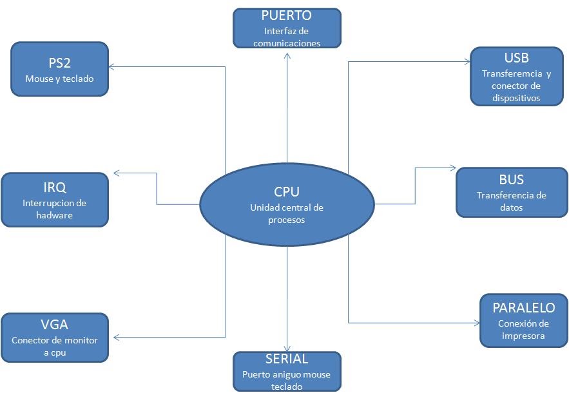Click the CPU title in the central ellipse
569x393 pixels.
click(287, 191)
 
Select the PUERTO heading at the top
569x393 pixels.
click(287, 15)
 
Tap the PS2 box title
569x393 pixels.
click(59, 63)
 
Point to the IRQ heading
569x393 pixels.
click(55, 187)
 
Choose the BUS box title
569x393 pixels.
click(511, 179)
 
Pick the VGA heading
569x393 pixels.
click(55, 324)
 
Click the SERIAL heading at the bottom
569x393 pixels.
click(287, 359)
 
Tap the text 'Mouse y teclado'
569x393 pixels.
click(59, 79)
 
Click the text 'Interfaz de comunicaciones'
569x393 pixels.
click(287, 37)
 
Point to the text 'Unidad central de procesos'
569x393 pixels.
click(287, 214)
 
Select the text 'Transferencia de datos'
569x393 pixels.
click(511, 202)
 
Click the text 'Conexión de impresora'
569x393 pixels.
click(523, 329)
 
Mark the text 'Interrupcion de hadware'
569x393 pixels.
click(55, 209)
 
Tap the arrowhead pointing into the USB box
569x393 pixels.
click(467, 62)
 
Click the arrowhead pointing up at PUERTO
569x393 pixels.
click(287, 55)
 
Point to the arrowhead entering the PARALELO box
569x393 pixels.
click(476, 322)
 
